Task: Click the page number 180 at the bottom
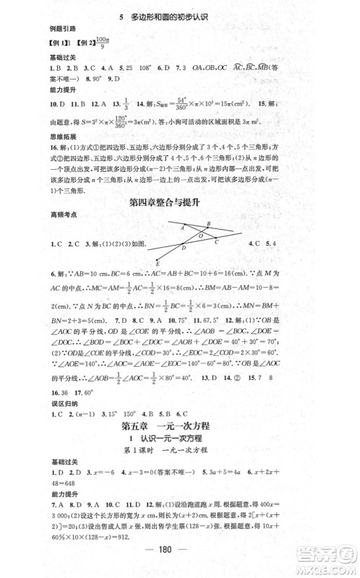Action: coord(180,548)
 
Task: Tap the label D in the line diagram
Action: coord(184,248)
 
